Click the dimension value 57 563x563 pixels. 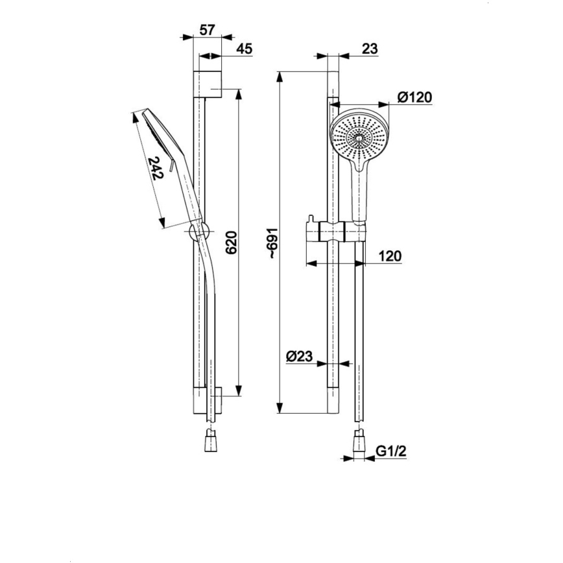point(207,30)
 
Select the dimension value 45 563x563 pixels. point(244,49)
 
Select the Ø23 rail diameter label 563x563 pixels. point(299,356)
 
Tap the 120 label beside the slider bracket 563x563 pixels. point(389,256)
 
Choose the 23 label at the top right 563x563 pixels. point(370,49)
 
